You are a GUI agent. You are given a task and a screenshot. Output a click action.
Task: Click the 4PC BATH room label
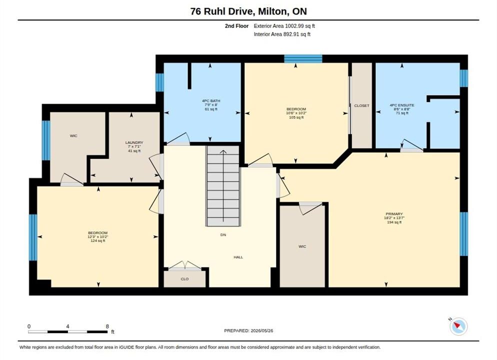[211, 101]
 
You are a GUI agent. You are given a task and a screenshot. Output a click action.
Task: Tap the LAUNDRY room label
[134, 142]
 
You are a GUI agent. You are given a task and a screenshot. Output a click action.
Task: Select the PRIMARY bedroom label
[394, 214]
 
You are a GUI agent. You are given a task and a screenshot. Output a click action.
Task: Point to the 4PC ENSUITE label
[402, 105]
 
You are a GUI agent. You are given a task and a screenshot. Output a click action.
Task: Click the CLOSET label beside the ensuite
[361, 105]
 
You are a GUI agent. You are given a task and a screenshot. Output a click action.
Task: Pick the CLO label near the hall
[184, 279]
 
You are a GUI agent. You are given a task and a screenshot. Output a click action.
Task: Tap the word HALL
[238, 257]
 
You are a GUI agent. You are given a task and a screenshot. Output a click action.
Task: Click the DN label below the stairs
[223, 235]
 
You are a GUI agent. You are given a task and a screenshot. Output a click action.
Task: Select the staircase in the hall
[223, 186]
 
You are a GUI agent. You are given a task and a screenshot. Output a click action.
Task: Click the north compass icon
[458, 326]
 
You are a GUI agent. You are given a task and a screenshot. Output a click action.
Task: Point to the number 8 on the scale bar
[107, 326]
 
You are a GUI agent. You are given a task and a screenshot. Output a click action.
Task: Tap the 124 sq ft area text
[97, 241]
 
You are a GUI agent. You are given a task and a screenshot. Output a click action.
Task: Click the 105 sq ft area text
[296, 117]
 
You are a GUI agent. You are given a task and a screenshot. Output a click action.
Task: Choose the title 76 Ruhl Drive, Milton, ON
[248, 11]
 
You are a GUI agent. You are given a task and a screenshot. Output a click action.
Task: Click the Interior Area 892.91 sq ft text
[282, 34]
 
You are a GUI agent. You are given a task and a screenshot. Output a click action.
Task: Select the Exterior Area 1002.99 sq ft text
[284, 26]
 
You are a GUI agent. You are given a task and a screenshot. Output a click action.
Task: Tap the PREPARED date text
[248, 330]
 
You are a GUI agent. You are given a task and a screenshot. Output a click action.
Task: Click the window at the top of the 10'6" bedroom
[303, 58]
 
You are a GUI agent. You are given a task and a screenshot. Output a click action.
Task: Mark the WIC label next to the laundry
[73, 135]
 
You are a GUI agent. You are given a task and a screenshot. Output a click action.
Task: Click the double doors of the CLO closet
[184, 265]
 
